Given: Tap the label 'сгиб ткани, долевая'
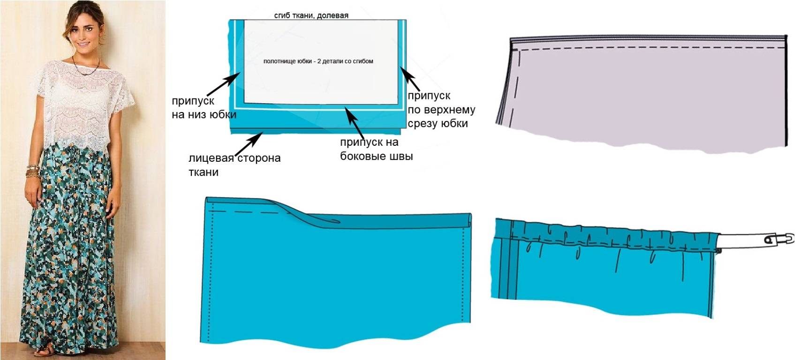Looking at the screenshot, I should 311,15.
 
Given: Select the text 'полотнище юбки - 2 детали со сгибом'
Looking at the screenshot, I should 318,61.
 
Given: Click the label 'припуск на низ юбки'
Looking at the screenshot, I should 204,108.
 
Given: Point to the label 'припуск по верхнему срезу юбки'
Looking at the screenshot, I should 441,110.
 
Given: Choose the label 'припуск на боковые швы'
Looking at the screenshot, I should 376,149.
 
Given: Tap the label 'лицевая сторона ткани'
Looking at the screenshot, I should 234,165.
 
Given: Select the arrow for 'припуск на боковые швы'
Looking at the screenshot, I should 354,121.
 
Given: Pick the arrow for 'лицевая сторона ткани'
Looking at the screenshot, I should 249,143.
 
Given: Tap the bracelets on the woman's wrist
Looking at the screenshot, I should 32,171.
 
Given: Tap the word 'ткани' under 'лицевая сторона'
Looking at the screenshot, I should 204,172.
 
